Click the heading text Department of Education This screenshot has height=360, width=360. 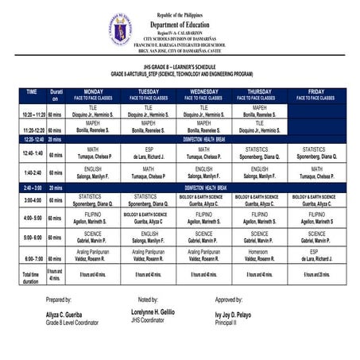coord(180,23)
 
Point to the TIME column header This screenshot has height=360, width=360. coord(32,92)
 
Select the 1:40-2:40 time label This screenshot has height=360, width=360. coord(33,173)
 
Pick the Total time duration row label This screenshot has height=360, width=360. coord(33,276)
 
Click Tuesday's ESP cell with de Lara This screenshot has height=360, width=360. coord(149,153)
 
